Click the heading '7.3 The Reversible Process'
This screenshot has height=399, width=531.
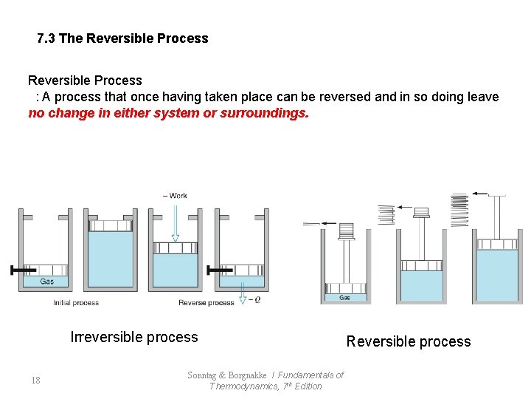click(122, 38)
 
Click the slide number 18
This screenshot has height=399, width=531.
click(35, 381)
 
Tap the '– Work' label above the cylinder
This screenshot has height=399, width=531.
click(176, 196)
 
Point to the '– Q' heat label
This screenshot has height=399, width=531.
click(255, 299)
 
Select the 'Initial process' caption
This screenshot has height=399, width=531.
click(76, 303)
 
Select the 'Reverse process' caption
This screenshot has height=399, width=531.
click(206, 303)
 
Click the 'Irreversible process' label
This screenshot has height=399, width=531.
click(134, 338)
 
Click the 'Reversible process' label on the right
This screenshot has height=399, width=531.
click(409, 341)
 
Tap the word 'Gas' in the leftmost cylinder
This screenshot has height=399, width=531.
click(46, 282)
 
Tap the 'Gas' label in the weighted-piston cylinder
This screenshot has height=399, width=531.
click(344, 298)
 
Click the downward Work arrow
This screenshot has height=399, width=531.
click(175, 222)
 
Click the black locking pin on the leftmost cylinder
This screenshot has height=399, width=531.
click(21, 270)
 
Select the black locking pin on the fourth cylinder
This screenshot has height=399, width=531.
click(217, 270)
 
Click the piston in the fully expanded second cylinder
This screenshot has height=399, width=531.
click(109, 225)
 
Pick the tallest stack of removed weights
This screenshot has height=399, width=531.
click(459, 209)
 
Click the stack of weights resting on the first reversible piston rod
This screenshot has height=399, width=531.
click(346, 231)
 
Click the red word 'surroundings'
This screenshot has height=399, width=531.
click(263, 114)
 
